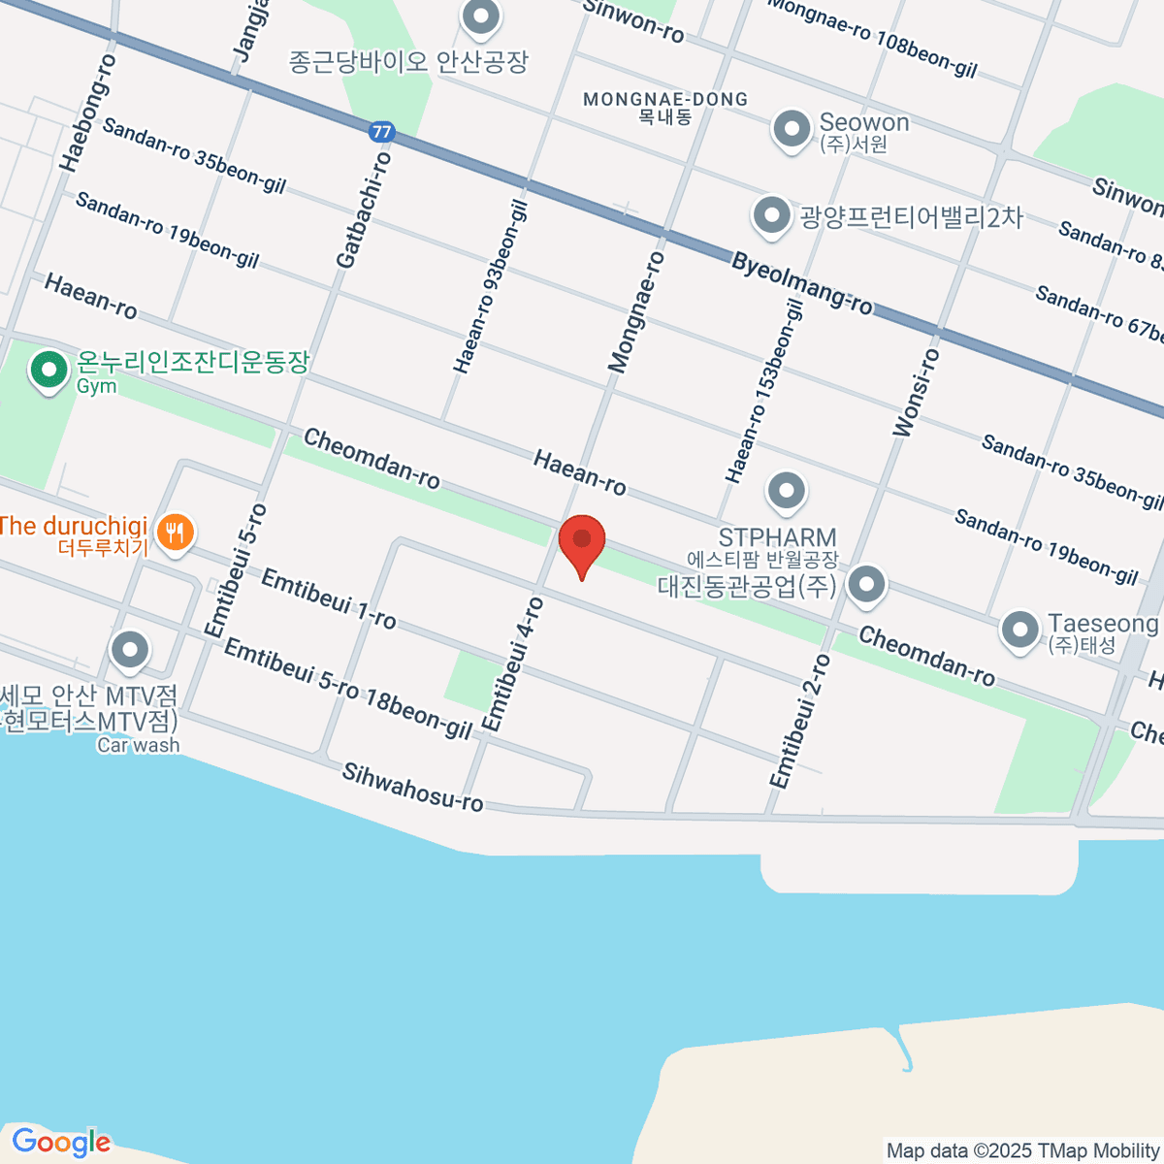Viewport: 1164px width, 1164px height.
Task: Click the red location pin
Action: [x=582, y=541]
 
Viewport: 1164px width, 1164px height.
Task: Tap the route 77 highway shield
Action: [x=381, y=131]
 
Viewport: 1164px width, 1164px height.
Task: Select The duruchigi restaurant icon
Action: [x=176, y=532]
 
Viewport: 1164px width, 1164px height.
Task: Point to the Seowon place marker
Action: [x=792, y=128]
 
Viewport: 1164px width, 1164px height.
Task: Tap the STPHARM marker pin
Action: [x=786, y=492]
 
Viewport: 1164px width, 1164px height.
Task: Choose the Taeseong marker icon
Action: [x=1019, y=630]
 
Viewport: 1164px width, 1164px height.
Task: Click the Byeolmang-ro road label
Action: [x=802, y=283]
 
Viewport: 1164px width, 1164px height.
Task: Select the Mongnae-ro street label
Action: [x=636, y=311]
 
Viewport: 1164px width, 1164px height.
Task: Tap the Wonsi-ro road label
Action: [x=916, y=393]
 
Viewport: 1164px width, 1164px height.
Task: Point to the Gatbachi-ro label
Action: [x=364, y=210]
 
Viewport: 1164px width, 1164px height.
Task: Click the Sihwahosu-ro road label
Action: [x=412, y=786]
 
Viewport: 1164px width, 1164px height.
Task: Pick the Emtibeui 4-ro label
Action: [x=513, y=664]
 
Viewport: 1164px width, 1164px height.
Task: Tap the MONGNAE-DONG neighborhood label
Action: [x=665, y=99]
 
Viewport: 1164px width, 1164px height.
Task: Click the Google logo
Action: [x=60, y=1143]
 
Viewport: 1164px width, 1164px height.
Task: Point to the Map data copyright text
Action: [x=1022, y=1151]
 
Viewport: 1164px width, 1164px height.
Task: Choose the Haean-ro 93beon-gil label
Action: [x=491, y=287]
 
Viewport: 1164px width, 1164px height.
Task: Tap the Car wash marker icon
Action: [x=129, y=651]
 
